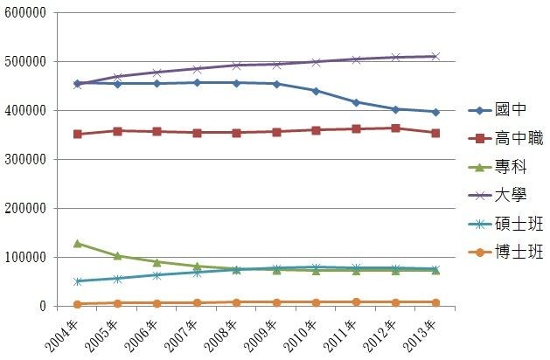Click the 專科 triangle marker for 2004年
tap(78, 244)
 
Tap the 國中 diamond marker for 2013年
tap(435, 112)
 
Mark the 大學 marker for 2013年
tap(435, 56)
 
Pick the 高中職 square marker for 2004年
tap(78, 135)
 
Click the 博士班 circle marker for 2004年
tap(78, 304)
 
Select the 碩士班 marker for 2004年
tap(78, 281)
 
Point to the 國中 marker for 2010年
tap(317, 91)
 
